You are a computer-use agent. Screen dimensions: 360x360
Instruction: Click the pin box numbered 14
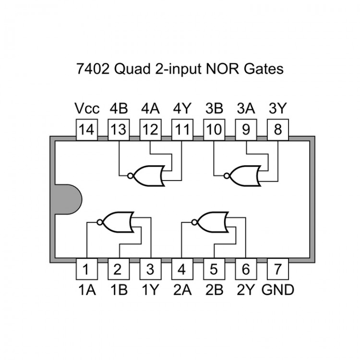pyautogui.click(x=86, y=130)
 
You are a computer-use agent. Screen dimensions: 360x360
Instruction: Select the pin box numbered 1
pyautogui.click(x=86, y=269)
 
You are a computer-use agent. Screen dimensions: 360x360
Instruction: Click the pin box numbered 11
pyautogui.click(x=182, y=130)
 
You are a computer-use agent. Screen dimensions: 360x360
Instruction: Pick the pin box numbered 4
pyautogui.click(x=182, y=269)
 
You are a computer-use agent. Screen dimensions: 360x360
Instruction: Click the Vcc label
pyautogui.click(x=86, y=108)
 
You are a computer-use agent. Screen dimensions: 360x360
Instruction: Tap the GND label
pyautogui.click(x=278, y=290)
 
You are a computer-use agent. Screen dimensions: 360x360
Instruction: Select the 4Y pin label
pyautogui.click(x=182, y=108)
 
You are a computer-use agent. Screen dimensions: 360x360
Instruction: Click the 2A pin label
pyautogui.click(x=182, y=290)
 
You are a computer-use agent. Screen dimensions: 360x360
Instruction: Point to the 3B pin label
pyautogui.click(x=214, y=108)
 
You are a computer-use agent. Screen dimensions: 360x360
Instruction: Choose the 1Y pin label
pyautogui.click(x=150, y=290)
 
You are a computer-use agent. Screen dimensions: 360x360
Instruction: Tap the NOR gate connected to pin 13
pyautogui.click(x=149, y=176)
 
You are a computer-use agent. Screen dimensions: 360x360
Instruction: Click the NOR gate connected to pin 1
pyautogui.click(x=118, y=221)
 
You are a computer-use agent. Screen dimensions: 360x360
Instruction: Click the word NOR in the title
pyautogui.click(x=223, y=69)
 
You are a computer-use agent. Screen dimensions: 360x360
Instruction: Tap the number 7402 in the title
pyautogui.click(x=94, y=69)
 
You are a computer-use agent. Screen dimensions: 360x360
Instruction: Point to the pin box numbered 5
pyautogui.click(x=214, y=269)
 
